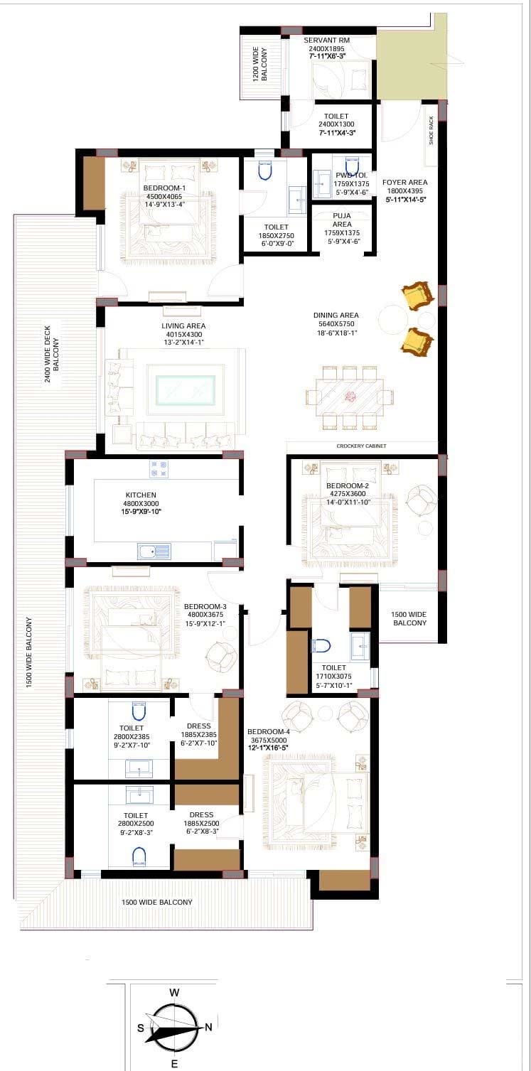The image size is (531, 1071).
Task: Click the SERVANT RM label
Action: point(327,41)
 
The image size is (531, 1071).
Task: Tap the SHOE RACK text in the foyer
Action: point(431,131)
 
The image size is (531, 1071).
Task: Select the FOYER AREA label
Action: point(404,182)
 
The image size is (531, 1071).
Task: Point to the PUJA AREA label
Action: point(342,220)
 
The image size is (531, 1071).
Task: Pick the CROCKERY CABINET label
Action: point(361,446)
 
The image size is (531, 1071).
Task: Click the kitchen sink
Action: point(154,551)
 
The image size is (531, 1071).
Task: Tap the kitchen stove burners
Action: point(159,468)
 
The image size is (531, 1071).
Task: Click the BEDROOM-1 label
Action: point(165,188)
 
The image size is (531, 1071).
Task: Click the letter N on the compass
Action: point(208,1027)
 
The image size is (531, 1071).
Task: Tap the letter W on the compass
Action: point(174,993)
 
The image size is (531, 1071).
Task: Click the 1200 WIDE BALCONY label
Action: point(259,63)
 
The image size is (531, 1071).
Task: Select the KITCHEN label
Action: point(141,495)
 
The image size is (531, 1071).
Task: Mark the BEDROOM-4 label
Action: point(269,731)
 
